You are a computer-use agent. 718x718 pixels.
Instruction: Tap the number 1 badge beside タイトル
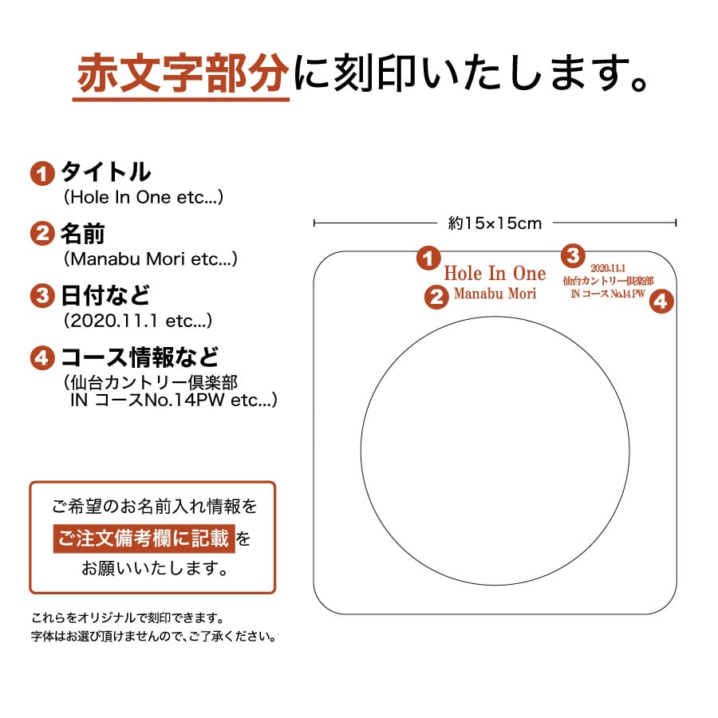41,173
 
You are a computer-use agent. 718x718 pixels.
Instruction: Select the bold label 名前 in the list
83,234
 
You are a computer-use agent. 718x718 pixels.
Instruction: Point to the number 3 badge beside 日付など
41,296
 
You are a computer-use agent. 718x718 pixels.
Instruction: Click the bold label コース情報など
140,357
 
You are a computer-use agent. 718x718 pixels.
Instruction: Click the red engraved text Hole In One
495,273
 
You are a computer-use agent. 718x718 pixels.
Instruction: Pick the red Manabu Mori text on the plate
495,294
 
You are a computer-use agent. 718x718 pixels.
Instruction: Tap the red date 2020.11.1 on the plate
608,269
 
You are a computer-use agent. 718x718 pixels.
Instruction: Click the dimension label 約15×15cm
495,223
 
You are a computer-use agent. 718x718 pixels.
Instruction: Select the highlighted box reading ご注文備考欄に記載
144,538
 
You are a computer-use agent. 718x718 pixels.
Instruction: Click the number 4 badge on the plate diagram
661,302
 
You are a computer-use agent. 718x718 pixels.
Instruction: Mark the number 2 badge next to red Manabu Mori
436,297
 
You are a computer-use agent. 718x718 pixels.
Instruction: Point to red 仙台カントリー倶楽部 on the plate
608,281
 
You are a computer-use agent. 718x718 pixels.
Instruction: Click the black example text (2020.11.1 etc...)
137,321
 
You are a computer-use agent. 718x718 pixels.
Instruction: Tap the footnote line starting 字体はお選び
154,637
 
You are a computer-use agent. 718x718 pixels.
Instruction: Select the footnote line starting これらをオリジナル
127,618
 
